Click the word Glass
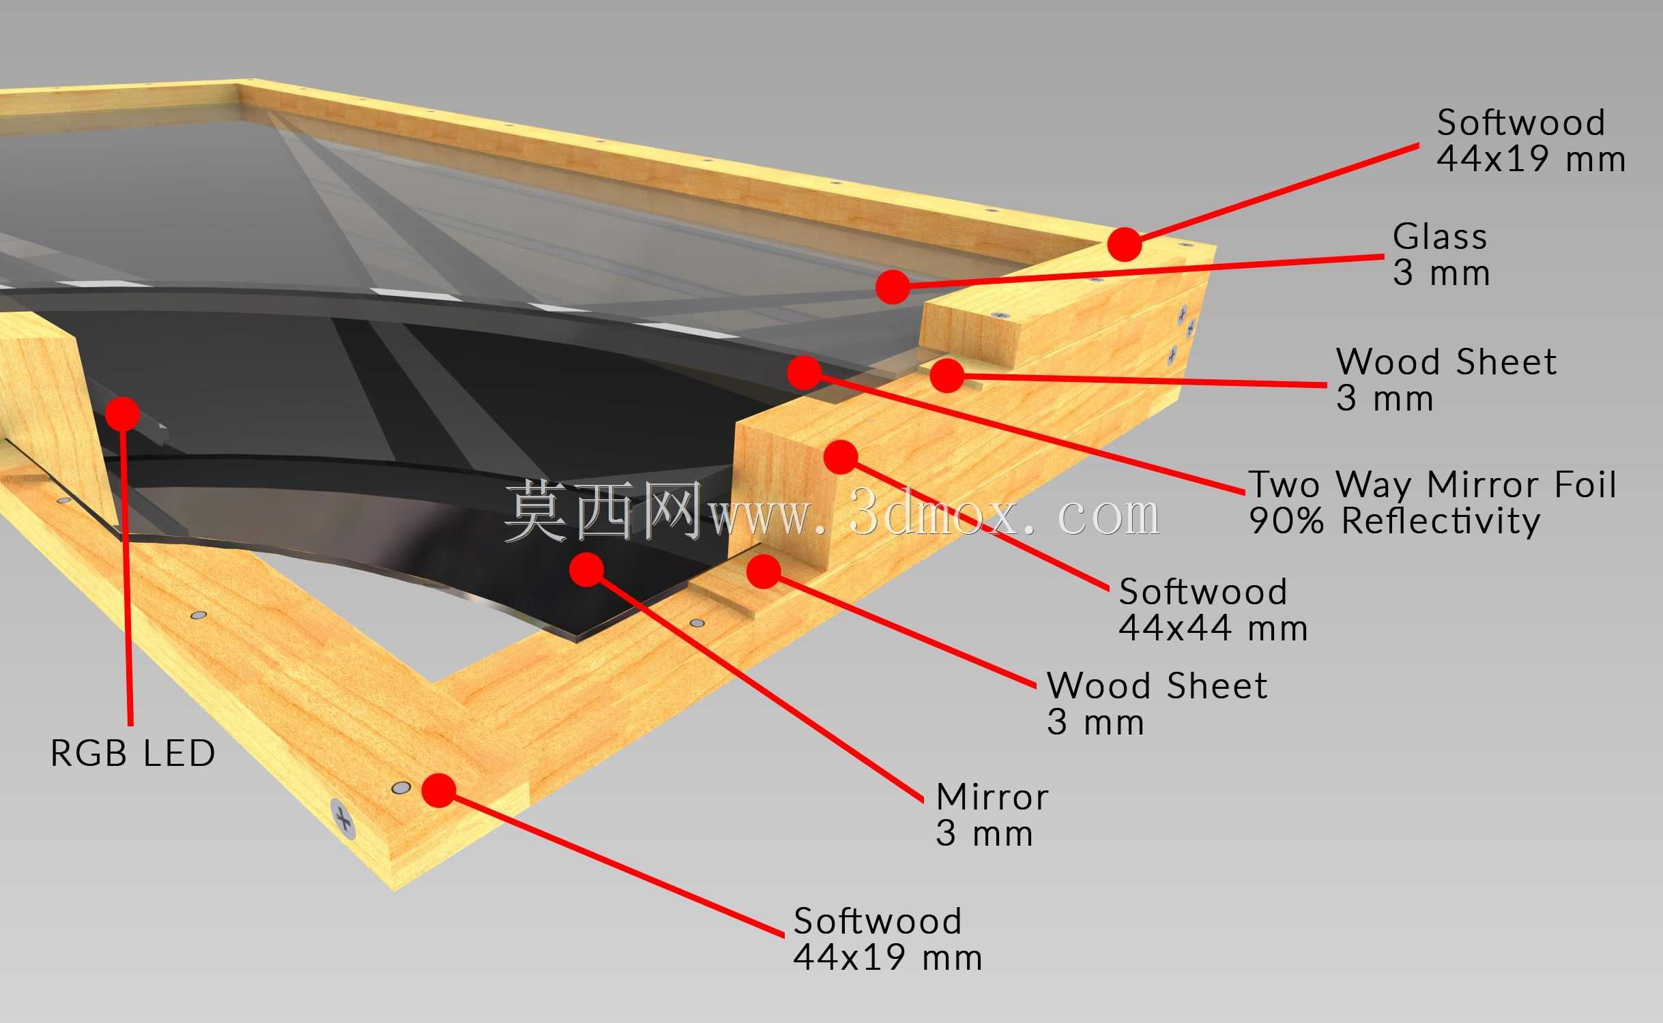tap(1440, 237)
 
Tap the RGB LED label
tap(133, 754)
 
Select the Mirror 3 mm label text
tap(992, 815)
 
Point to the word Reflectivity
tap(1441, 521)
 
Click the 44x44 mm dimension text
tap(1213, 628)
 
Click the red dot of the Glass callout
tap(893, 286)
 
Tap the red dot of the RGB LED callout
tap(124, 413)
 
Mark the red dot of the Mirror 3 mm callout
tap(586, 569)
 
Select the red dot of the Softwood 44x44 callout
tap(841, 457)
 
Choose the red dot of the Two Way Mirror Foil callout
tap(805, 372)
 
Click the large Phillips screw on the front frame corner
tap(343, 818)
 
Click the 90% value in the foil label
tap(1286, 521)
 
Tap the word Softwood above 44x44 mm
tap(1203, 591)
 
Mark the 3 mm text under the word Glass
tap(1441, 273)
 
